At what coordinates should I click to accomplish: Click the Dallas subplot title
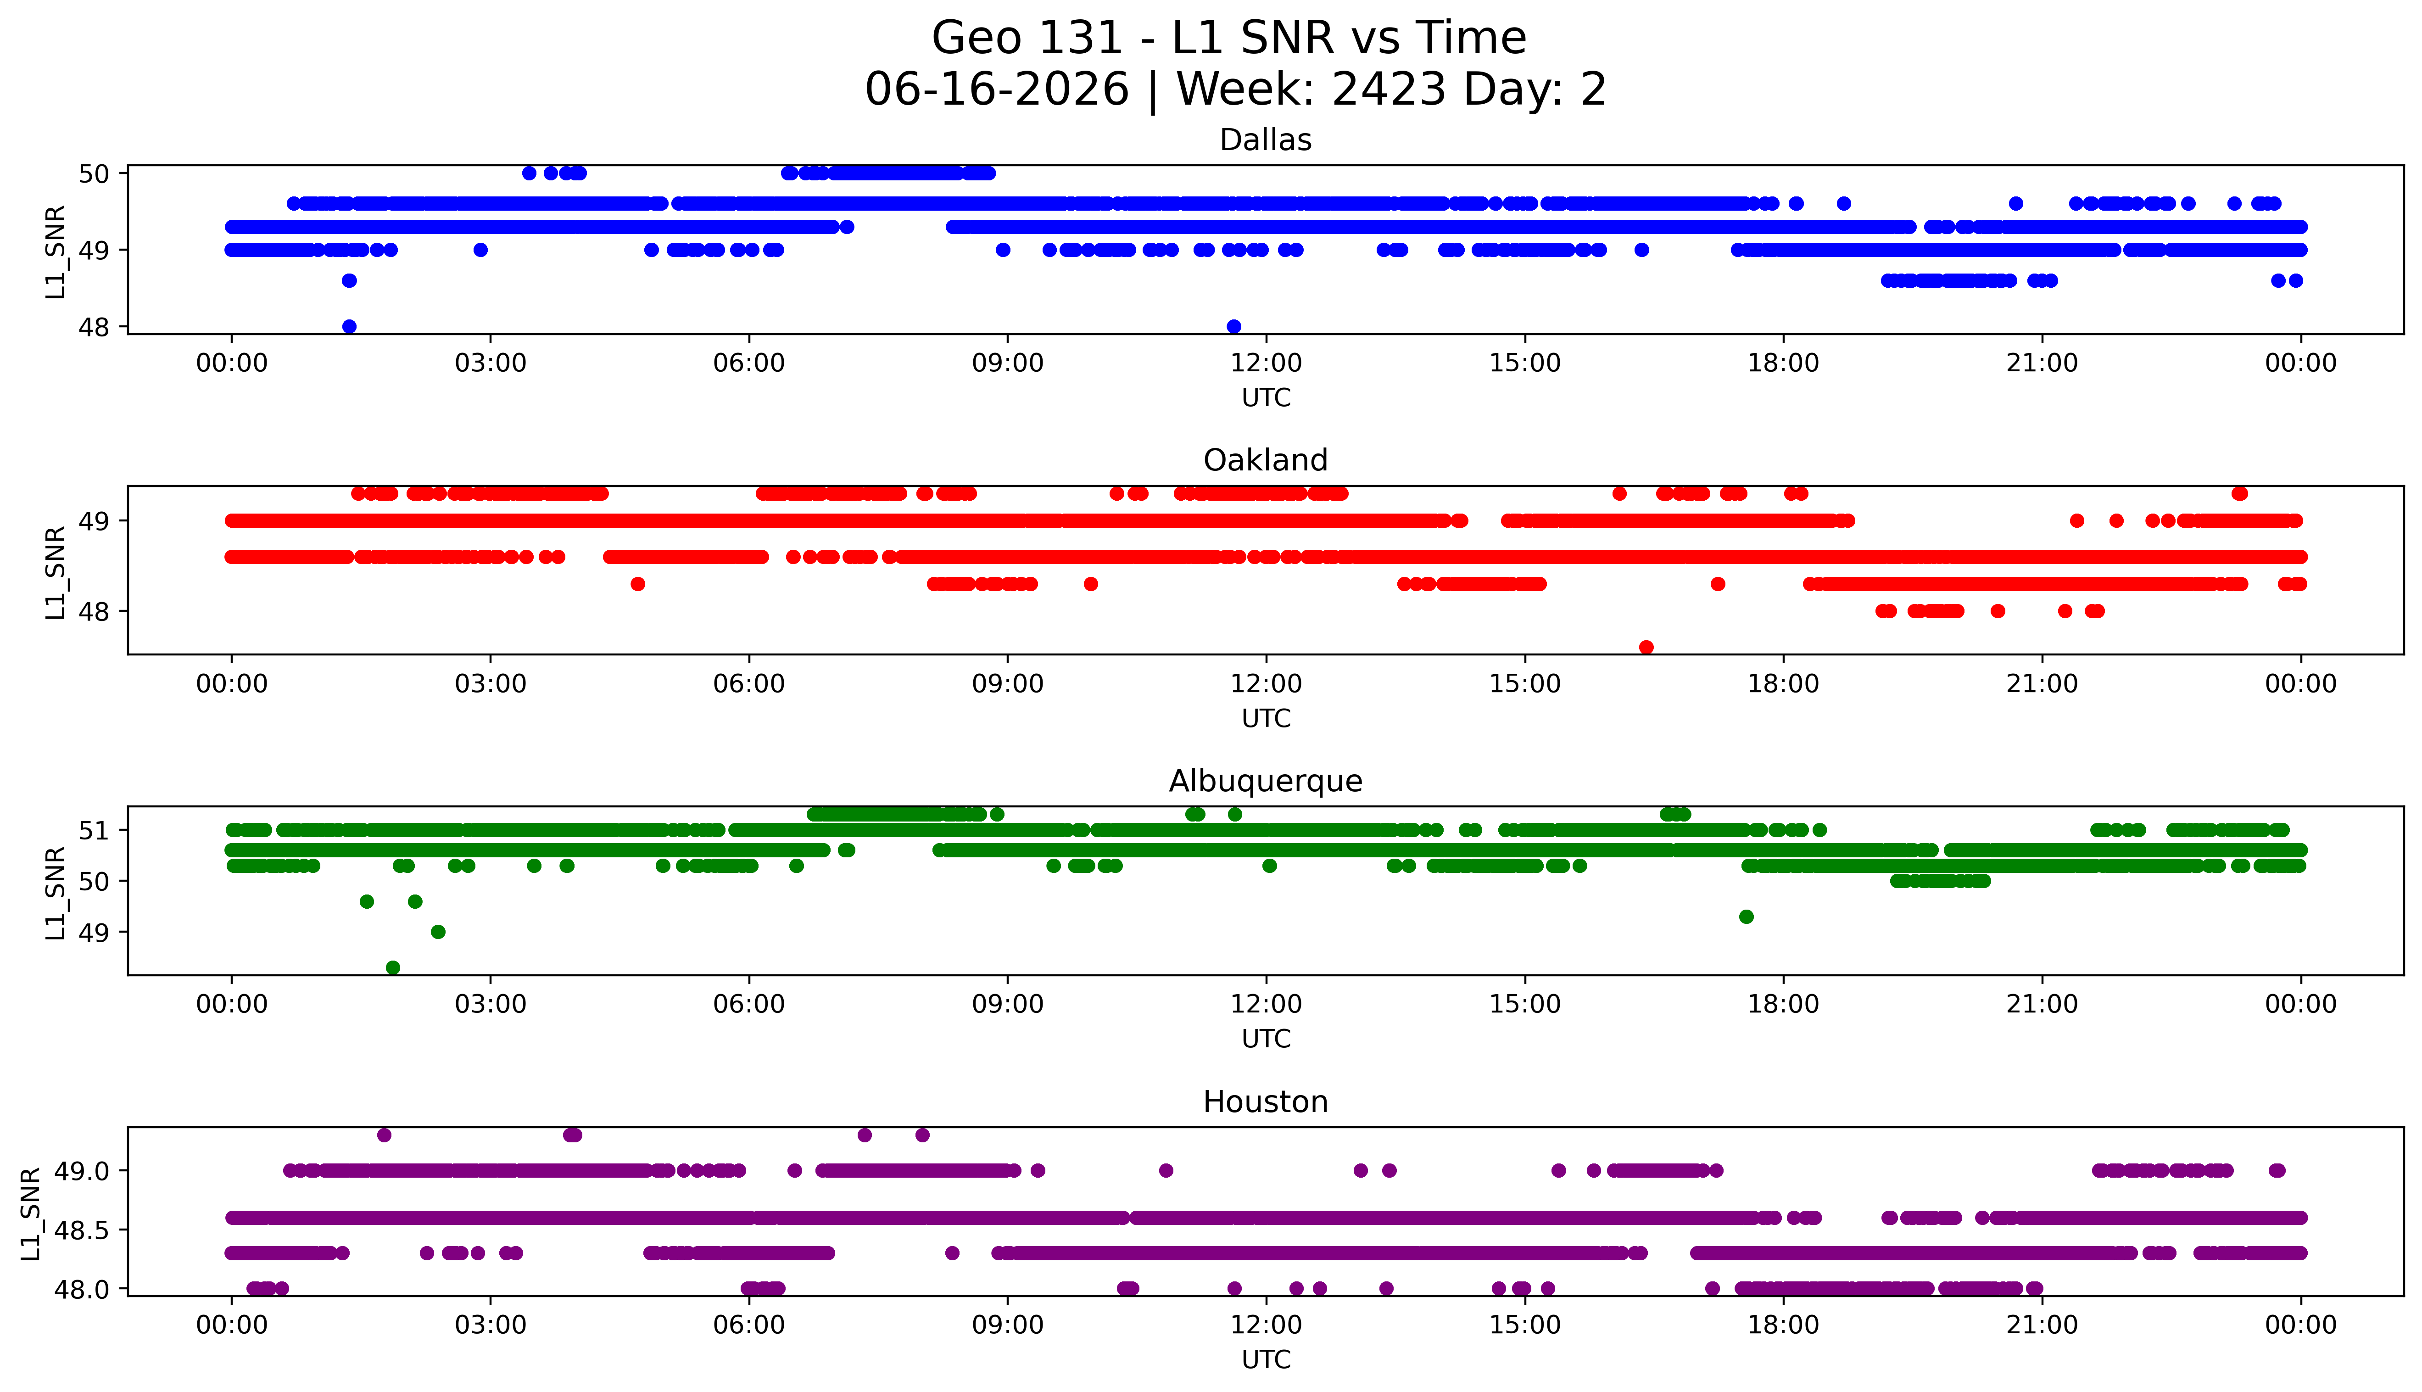(1266, 140)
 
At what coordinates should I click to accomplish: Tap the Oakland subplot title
(1266, 461)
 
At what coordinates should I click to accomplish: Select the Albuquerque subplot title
(1266, 781)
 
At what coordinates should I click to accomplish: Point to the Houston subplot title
(1266, 1102)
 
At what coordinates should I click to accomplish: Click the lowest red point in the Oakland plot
(1646, 647)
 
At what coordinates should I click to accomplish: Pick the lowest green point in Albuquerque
(393, 967)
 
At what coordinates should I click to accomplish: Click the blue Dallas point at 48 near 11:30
(1234, 326)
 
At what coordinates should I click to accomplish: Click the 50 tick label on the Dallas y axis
(95, 174)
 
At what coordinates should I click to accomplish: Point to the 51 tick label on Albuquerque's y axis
(95, 831)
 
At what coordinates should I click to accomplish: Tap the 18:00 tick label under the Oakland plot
(1784, 685)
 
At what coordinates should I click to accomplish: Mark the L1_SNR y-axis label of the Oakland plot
(56, 572)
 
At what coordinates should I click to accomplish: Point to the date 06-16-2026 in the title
(997, 90)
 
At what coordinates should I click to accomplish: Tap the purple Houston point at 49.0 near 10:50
(1165, 1170)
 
